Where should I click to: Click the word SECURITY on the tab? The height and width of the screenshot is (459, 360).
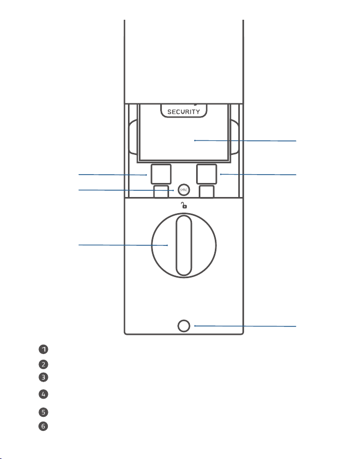click(x=184, y=112)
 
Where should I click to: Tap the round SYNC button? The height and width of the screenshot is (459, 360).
click(x=184, y=190)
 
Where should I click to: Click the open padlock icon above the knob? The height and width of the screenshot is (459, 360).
click(x=184, y=205)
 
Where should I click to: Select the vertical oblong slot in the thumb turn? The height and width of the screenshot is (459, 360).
click(x=184, y=245)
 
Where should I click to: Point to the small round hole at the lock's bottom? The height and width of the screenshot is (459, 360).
click(x=184, y=326)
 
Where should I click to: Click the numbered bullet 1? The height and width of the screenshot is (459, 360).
click(x=43, y=349)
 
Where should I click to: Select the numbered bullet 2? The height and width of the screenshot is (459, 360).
click(x=43, y=364)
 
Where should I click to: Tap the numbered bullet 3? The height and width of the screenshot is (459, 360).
click(x=43, y=377)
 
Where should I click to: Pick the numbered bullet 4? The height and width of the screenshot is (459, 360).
click(x=43, y=394)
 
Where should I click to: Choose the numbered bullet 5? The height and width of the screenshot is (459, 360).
click(x=43, y=412)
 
